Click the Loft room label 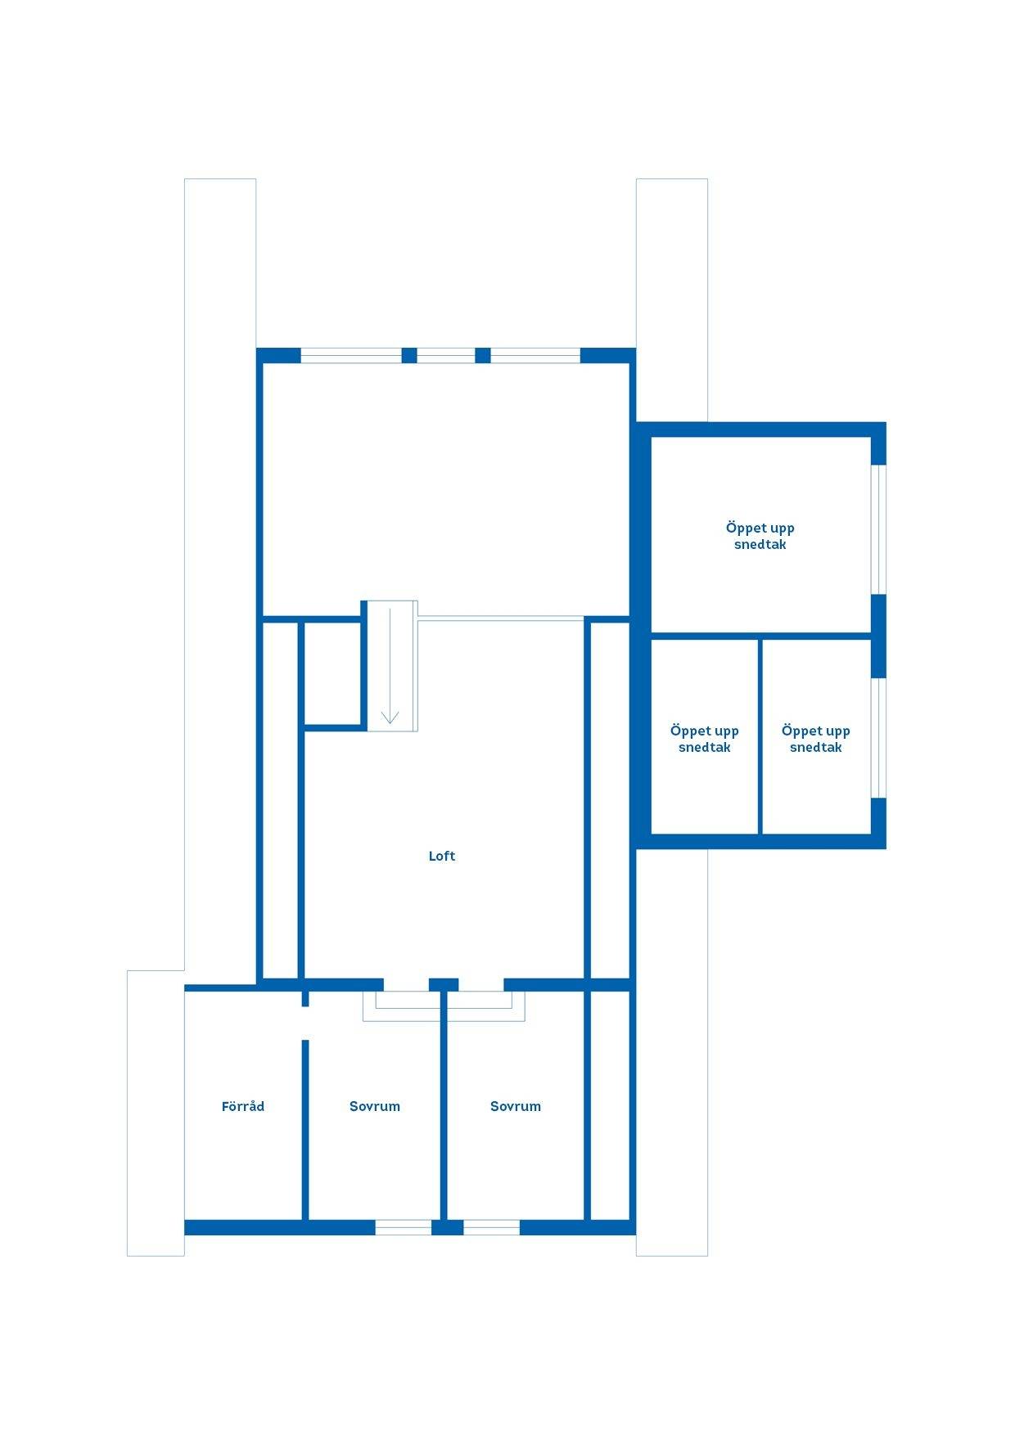click(x=442, y=856)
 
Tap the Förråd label click(x=243, y=1106)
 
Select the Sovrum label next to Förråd click(x=375, y=1106)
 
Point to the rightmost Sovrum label click(x=516, y=1106)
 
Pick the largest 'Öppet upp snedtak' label click(x=760, y=536)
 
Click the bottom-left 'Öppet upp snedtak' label click(x=705, y=739)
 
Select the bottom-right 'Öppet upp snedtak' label click(x=816, y=739)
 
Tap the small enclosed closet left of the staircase click(x=333, y=673)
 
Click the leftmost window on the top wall click(x=351, y=355)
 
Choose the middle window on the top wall click(x=446, y=355)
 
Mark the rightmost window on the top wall click(x=535, y=355)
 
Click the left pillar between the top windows click(x=409, y=355)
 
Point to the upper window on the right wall click(x=878, y=529)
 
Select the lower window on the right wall click(x=878, y=738)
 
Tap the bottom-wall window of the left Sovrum click(x=404, y=1227)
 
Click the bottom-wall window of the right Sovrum click(x=491, y=1227)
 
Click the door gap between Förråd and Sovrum click(x=305, y=1023)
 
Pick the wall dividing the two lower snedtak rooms click(x=760, y=736)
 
